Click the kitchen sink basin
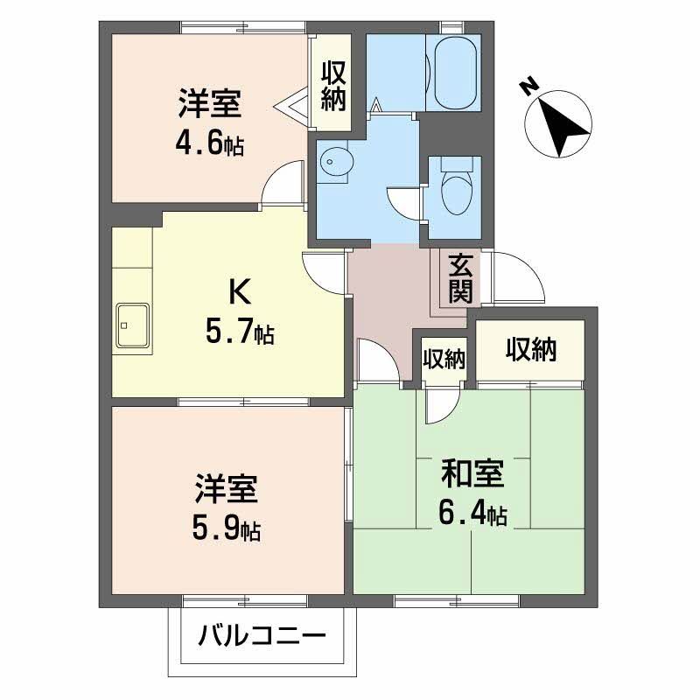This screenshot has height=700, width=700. click(x=131, y=326)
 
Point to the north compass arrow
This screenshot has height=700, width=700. click(x=563, y=126)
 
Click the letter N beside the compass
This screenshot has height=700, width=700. click(x=528, y=85)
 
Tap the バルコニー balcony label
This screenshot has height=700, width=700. click(x=262, y=633)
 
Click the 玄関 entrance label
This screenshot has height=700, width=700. click(x=460, y=278)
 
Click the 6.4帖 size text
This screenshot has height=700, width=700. click(x=472, y=513)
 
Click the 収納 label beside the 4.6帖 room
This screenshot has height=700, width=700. click(x=332, y=85)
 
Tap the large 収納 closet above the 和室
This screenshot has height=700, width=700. click(x=530, y=350)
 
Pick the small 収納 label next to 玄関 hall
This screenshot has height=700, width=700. click(x=444, y=360)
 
